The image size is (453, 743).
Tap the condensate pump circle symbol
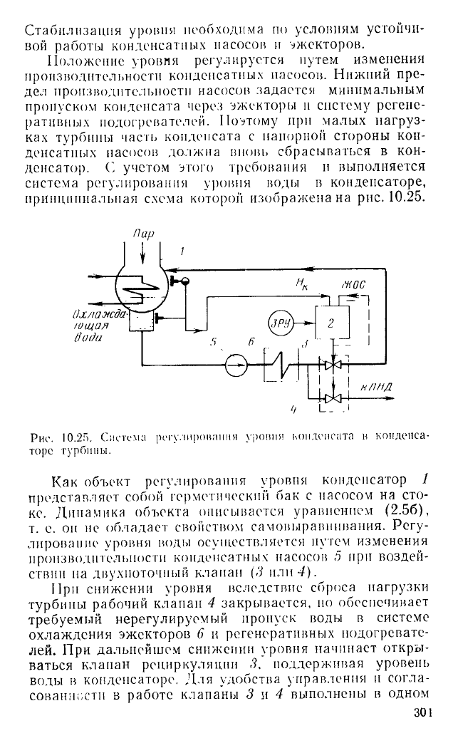coord(236,365)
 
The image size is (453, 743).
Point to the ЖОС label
coord(354,286)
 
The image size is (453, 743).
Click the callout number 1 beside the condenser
coord(182,251)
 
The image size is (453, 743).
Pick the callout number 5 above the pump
coord(214,343)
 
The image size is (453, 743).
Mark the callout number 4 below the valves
coord(293,410)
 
